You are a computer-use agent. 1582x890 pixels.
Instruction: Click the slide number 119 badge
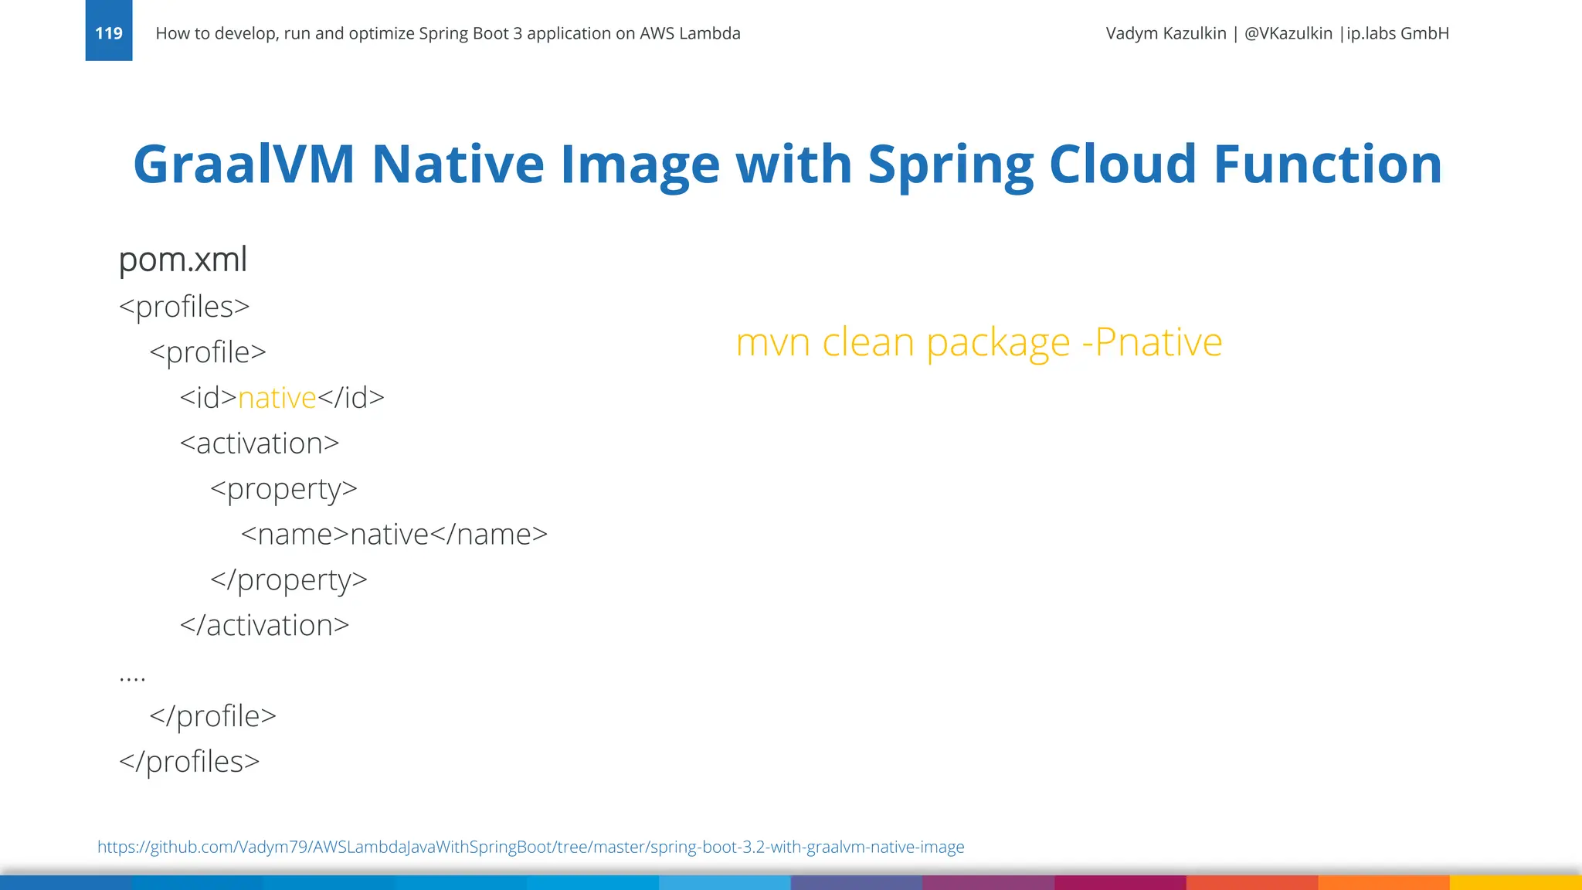(x=109, y=32)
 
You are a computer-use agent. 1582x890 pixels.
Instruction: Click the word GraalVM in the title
(x=243, y=164)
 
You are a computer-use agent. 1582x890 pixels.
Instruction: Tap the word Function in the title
(x=1327, y=164)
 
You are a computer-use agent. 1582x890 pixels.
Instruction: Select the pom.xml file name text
(x=183, y=260)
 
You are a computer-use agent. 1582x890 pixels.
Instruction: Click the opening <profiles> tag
(x=185, y=307)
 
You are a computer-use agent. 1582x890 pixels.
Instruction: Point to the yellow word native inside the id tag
(x=277, y=398)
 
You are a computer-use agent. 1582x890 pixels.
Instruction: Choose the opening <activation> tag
(x=260, y=443)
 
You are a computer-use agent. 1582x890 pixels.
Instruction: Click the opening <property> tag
(x=283, y=489)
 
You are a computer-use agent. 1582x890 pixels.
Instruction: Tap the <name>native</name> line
(x=394, y=535)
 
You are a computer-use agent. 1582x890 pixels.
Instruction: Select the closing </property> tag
(x=289, y=580)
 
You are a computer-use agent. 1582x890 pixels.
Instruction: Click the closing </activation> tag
(x=264, y=626)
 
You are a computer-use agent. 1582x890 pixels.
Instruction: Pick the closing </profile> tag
(x=212, y=716)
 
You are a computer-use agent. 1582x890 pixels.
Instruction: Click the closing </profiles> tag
(x=189, y=762)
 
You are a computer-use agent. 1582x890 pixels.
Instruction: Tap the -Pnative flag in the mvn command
(x=1152, y=342)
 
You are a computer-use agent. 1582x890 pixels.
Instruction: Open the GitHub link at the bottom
(x=531, y=847)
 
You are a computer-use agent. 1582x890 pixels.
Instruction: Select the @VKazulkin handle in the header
(x=1288, y=33)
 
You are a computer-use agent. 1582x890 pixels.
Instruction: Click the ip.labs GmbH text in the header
(x=1397, y=33)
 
